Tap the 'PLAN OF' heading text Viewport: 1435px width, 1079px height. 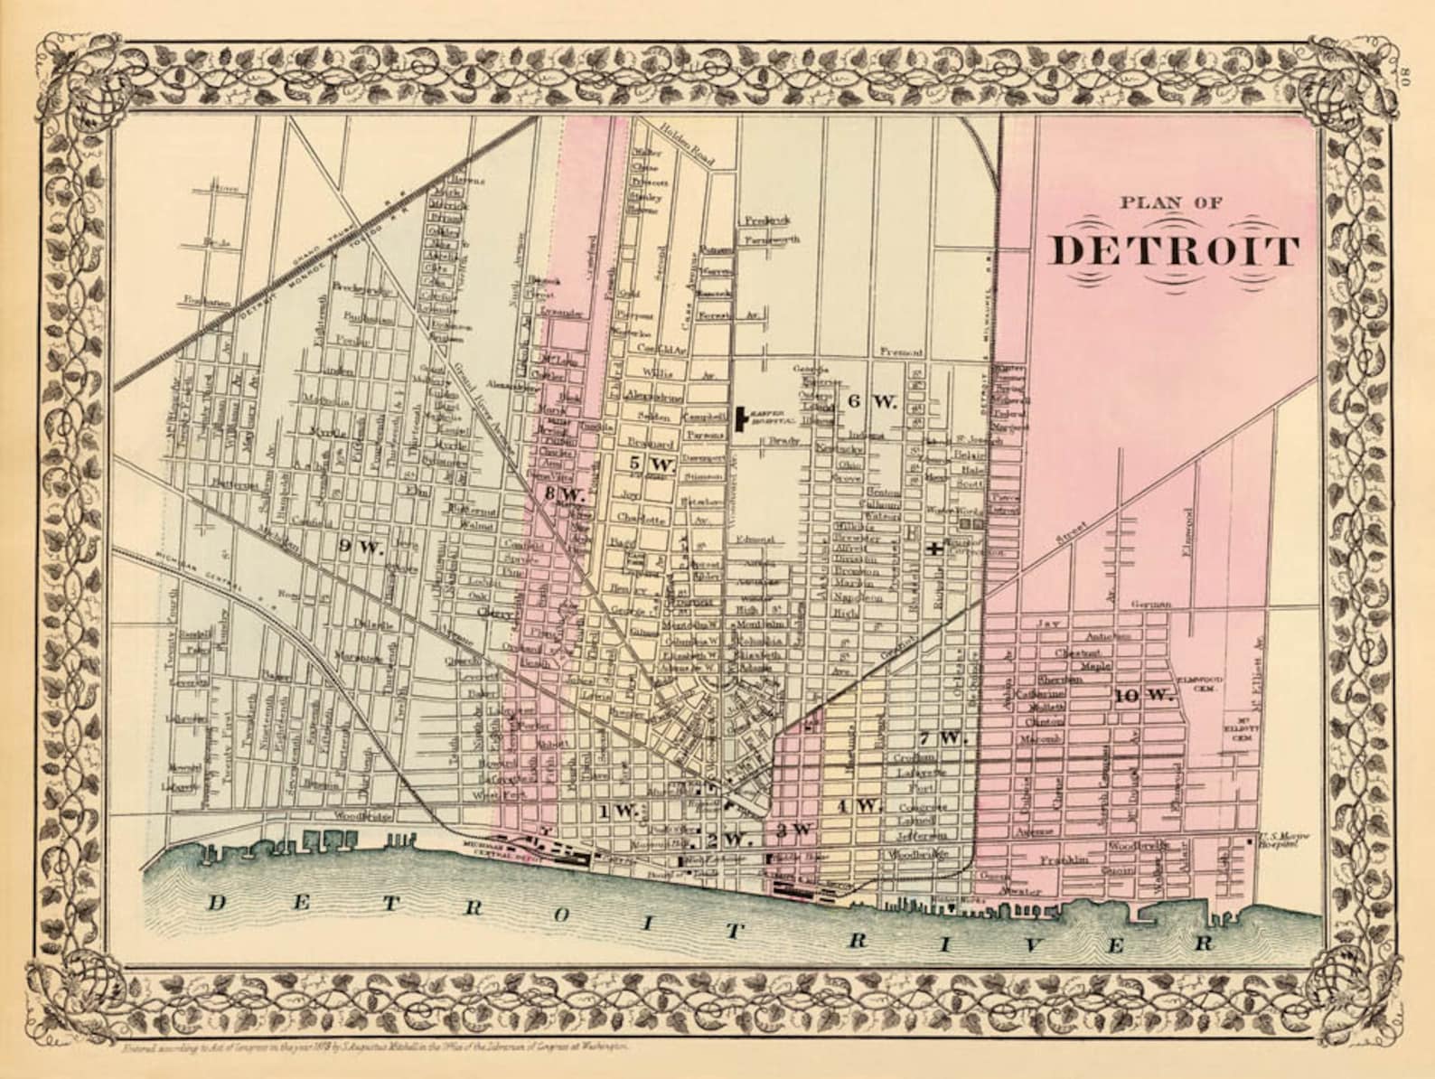1172,203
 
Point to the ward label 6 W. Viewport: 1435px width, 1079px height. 872,402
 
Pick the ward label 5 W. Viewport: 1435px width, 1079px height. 651,464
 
